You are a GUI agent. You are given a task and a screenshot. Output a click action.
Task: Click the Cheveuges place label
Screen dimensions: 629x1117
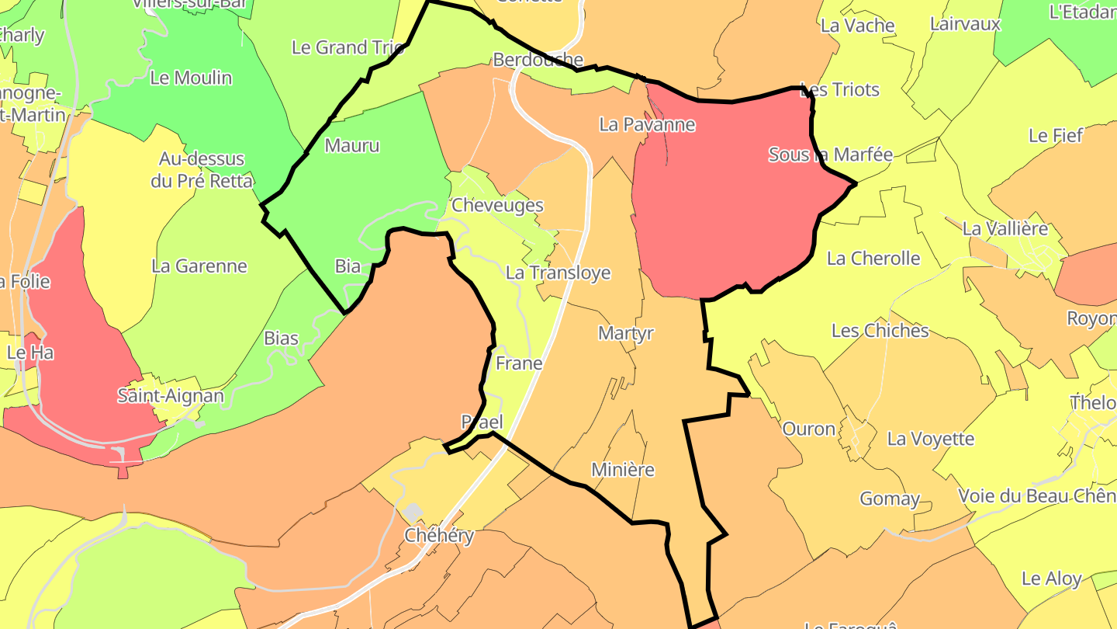click(x=497, y=206)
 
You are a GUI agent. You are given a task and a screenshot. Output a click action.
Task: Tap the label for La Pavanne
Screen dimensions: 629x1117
click(x=647, y=124)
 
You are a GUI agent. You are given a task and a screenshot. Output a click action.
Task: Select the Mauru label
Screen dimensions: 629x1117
click(x=352, y=145)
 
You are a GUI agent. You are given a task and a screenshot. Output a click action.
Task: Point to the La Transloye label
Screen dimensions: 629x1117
click(x=558, y=273)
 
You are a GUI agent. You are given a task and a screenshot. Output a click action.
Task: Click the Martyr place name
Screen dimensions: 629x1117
click(x=626, y=333)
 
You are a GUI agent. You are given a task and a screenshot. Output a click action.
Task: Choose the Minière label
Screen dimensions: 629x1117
click(x=623, y=470)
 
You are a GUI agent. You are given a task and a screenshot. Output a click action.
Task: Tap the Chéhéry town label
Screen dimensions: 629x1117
click(x=439, y=535)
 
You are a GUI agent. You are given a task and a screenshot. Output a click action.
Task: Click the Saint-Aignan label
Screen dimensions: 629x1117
click(x=171, y=396)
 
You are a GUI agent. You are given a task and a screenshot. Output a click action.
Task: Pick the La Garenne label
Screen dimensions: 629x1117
click(x=199, y=266)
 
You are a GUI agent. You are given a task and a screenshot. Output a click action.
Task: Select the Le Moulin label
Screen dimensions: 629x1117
click(x=191, y=78)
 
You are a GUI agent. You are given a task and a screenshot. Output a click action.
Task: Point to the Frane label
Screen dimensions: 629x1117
click(x=519, y=363)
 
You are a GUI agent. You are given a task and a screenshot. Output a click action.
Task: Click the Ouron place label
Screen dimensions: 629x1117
click(x=809, y=429)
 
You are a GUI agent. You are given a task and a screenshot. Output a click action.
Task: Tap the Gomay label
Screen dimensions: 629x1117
click(x=890, y=499)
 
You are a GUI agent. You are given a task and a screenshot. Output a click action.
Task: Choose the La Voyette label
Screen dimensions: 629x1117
click(x=931, y=439)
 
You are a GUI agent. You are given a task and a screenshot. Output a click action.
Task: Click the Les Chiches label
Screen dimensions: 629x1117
click(x=880, y=331)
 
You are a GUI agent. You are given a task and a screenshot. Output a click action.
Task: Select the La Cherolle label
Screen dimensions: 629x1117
click(x=873, y=259)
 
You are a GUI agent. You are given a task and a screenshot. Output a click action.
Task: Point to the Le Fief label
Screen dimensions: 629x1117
click(x=1056, y=135)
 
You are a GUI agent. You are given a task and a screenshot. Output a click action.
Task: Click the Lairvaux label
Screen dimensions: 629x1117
click(x=966, y=24)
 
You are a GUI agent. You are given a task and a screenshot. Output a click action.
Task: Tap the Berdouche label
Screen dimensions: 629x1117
click(x=538, y=59)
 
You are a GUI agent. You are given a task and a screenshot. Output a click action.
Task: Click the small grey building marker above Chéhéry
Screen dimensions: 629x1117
click(x=413, y=513)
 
